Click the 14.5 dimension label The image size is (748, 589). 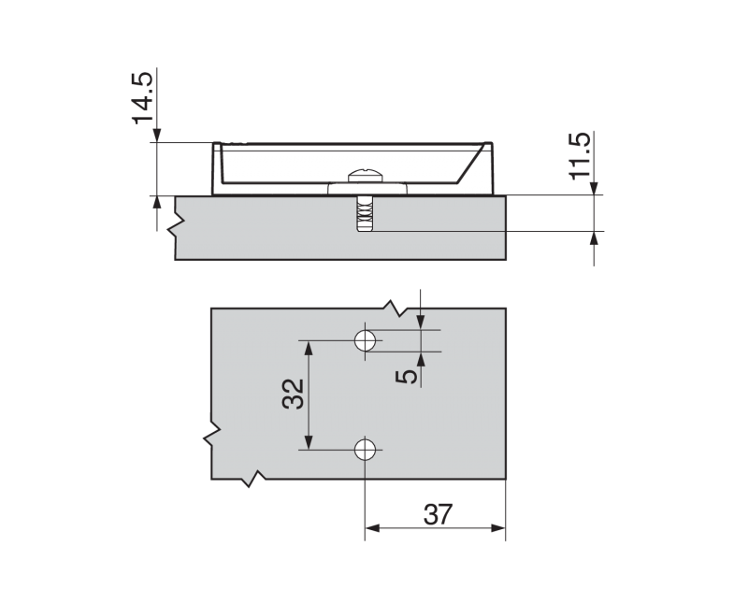(x=142, y=98)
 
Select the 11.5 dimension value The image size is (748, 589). (x=580, y=156)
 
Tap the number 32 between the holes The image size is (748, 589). (x=293, y=394)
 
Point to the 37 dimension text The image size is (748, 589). (x=438, y=514)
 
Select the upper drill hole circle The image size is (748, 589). (x=366, y=340)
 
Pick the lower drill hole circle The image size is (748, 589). (x=366, y=450)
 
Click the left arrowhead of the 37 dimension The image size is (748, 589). (x=372, y=528)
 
